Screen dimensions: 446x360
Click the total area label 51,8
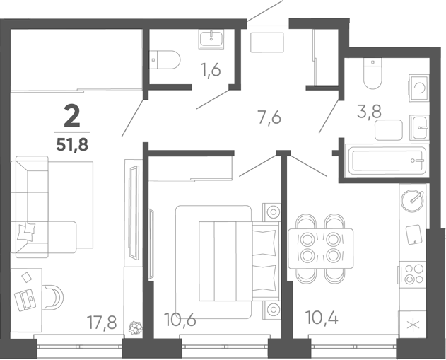(x=72, y=144)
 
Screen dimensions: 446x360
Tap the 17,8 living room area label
(x=102, y=323)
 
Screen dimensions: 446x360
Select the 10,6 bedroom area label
(x=180, y=319)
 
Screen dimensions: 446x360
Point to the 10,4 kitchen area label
(x=322, y=318)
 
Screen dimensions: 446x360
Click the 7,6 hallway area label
(x=269, y=117)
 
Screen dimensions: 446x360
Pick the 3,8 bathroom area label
(x=369, y=111)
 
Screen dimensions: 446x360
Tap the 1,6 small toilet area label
(x=211, y=70)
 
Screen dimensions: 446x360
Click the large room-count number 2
(x=72, y=116)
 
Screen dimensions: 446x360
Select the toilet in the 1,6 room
(x=165, y=59)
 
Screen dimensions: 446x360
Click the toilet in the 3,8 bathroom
(x=372, y=74)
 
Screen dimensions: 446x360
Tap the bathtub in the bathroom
(x=386, y=161)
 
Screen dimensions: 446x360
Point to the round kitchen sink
(x=412, y=200)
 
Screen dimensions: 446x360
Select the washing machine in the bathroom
(x=418, y=88)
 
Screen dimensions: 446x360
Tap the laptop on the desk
(x=25, y=300)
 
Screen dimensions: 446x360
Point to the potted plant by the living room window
(x=136, y=327)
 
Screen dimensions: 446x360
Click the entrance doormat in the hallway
(x=267, y=42)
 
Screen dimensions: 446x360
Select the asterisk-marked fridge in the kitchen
(x=413, y=325)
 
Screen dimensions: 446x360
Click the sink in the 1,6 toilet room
(x=211, y=39)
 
